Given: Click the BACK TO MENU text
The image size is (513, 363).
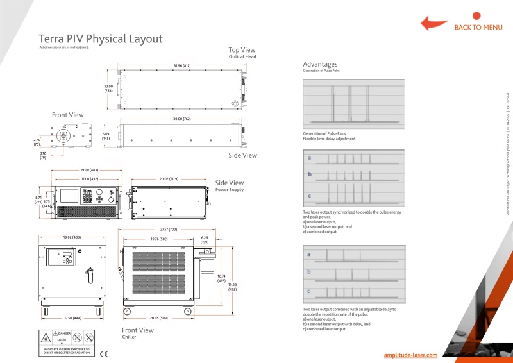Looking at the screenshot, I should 478,27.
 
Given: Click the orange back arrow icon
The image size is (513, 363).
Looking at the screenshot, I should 433,24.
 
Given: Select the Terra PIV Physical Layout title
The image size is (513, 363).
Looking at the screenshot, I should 101,38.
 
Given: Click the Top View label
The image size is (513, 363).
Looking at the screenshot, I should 242,49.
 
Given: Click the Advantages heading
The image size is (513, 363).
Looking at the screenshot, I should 320,64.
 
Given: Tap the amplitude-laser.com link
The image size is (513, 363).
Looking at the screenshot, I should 410,354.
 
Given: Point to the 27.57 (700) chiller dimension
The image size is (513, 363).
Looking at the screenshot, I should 168,229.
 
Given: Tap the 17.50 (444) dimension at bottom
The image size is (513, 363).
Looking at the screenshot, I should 72,317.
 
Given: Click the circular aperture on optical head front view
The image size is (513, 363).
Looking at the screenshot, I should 63,136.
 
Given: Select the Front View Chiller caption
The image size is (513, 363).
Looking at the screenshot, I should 137,333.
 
